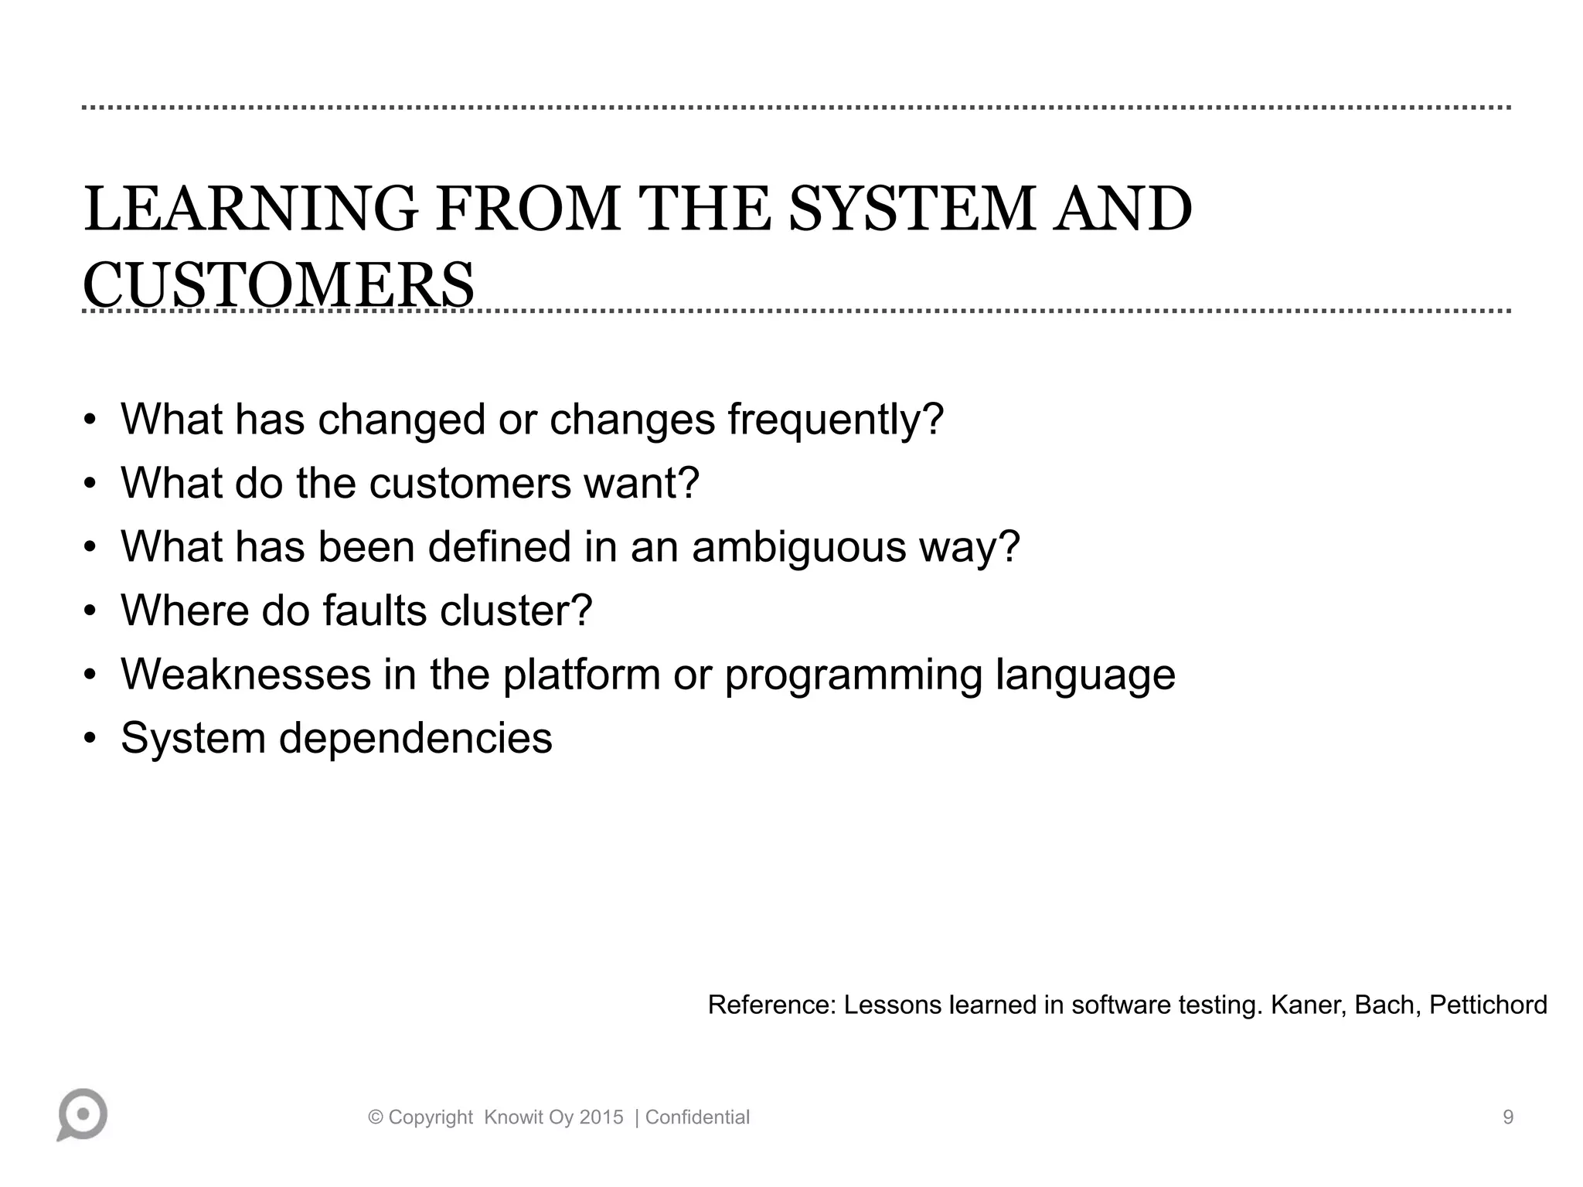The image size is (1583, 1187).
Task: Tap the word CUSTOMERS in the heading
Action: pyautogui.click(x=278, y=285)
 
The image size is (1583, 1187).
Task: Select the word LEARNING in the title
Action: pyautogui.click(x=250, y=209)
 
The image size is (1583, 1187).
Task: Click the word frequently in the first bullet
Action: pyautogui.click(x=835, y=420)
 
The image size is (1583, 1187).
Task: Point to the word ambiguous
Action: pyautogui.click(x=798, y=547)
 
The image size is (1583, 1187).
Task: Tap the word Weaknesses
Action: pyautogui.click(x=246, y=675)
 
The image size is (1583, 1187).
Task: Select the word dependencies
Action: pyautogui.click(x=415, y=738)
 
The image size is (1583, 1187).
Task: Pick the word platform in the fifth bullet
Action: pyautogui.click(x=581, y=675)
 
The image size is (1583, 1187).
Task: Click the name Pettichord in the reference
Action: pyautogui.click(x=1488, y=1005)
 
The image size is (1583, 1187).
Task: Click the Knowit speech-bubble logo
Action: pyautogui.click(x=82, y=1114)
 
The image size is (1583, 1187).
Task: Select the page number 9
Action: pyautogui.click(x=1507, y=1117)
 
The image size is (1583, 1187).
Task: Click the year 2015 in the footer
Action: pyautogui.click(x=601, y=1117)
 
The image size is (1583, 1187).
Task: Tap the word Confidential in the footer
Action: pyautogui.click(x=697, y=1117)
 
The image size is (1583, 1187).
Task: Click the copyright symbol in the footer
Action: pyautogui.click(x=376, y=1117)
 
